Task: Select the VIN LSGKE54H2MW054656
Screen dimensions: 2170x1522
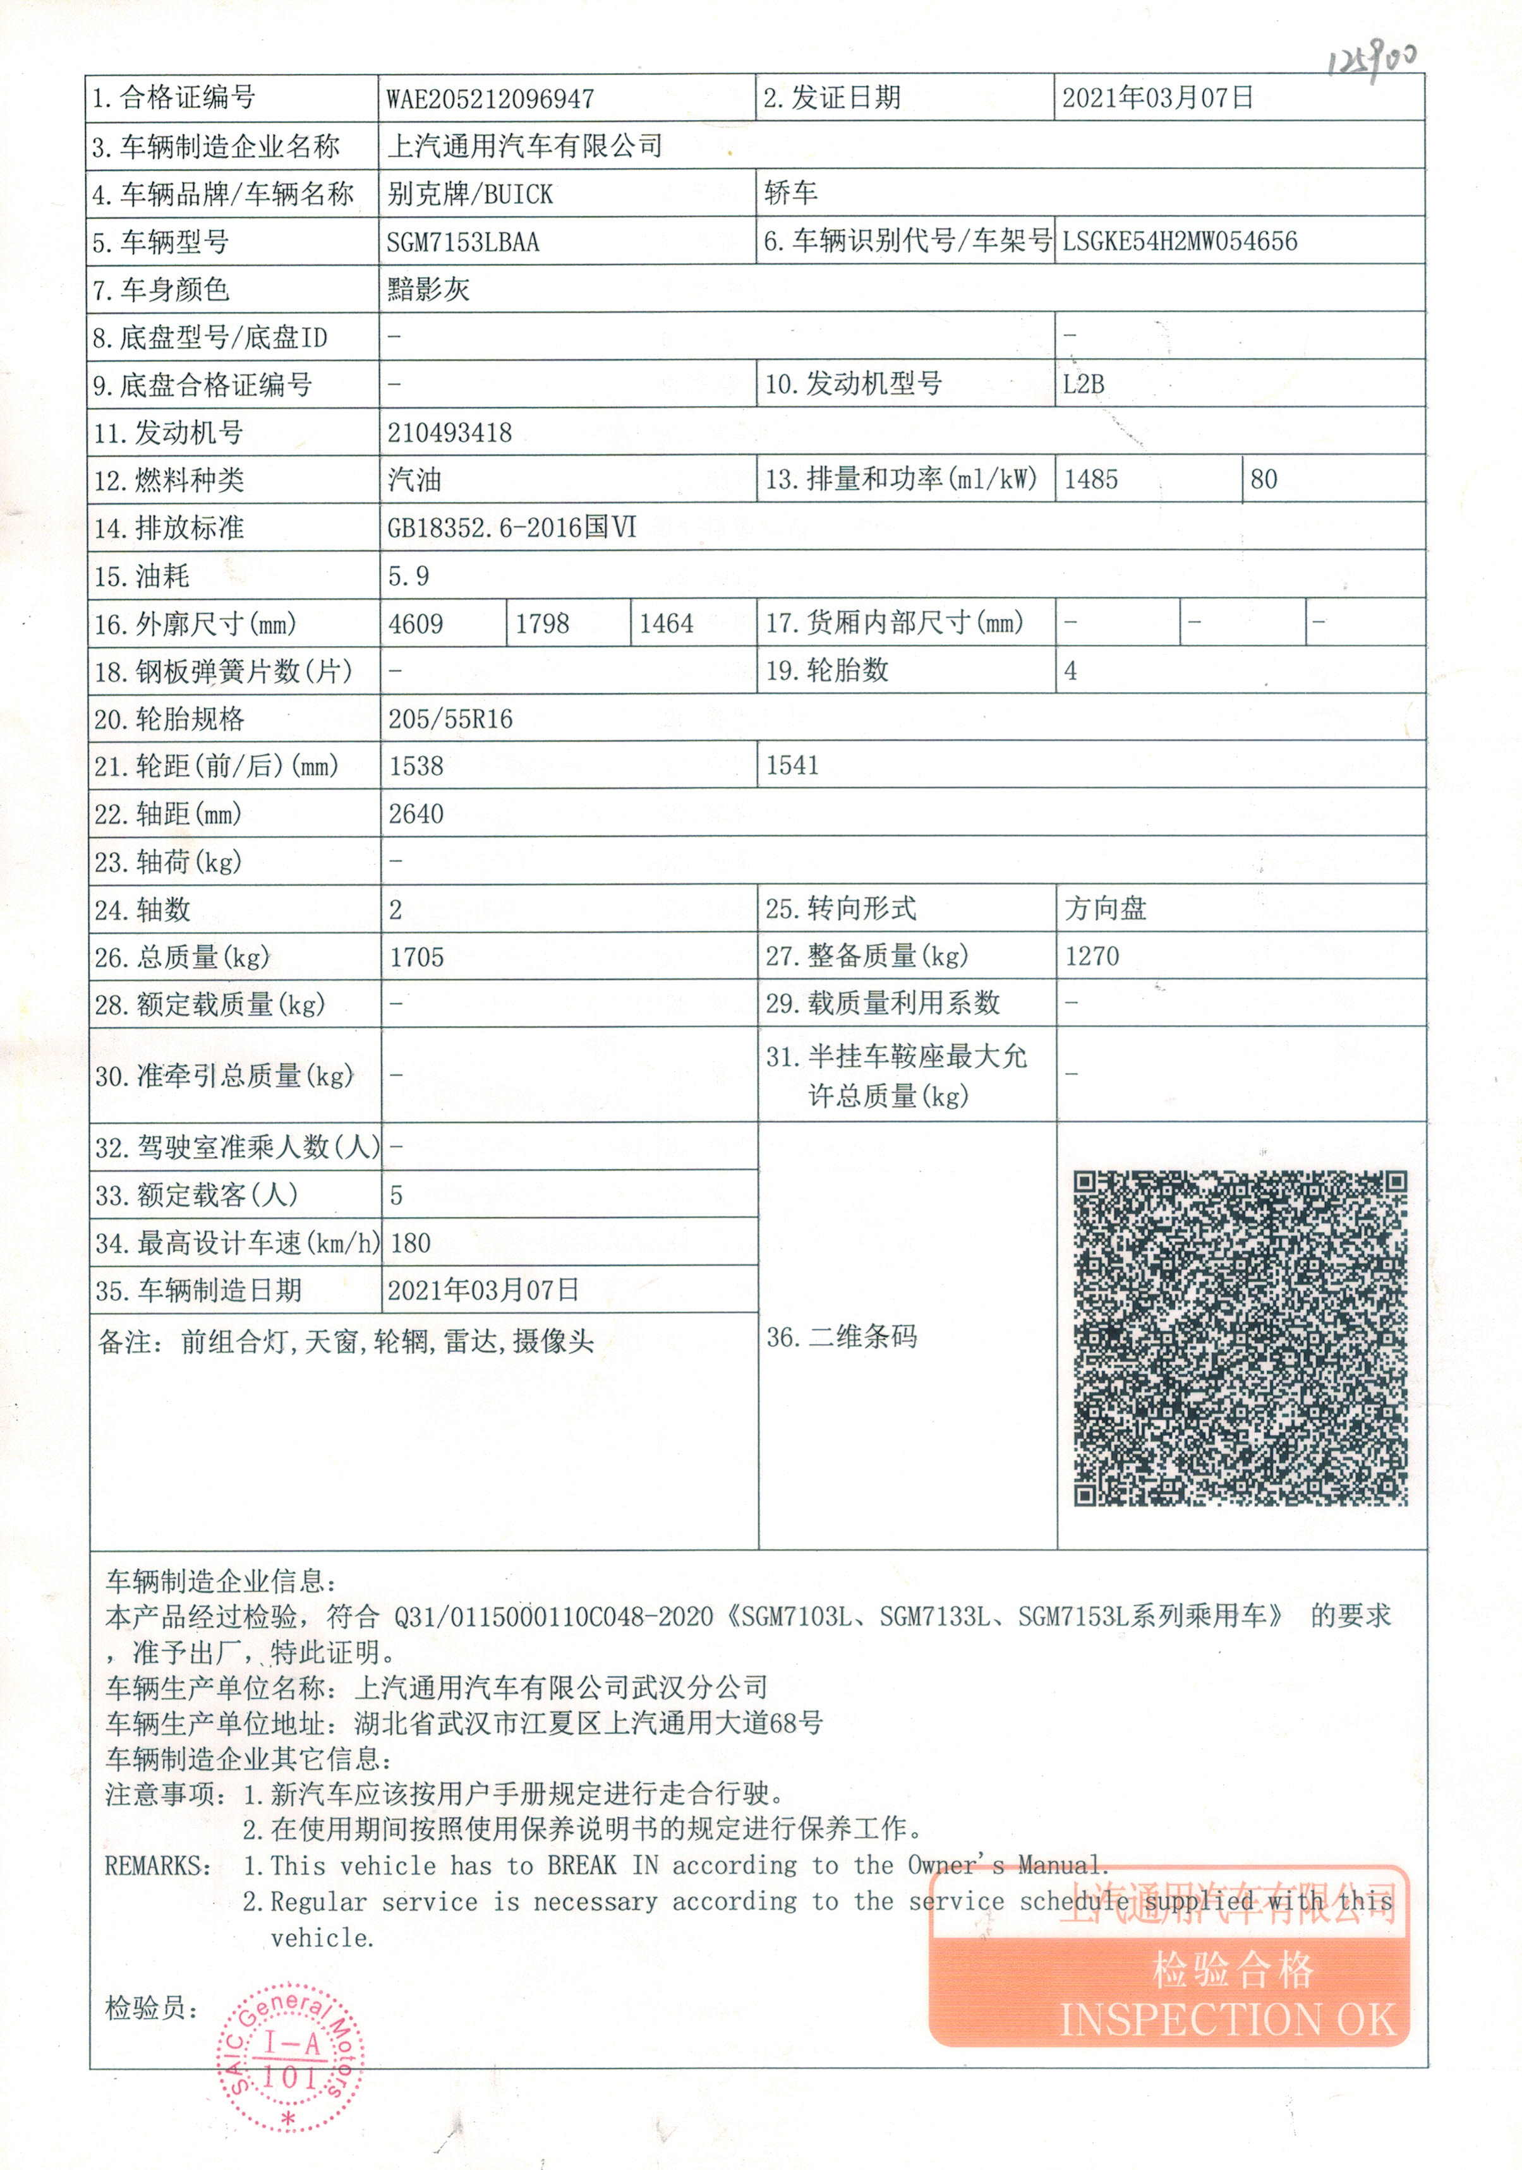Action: point(1179,242)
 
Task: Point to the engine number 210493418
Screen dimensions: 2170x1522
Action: point(449,433)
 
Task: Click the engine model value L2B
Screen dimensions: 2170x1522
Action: point(1084,385)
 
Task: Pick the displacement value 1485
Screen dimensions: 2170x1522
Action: point(1091,480)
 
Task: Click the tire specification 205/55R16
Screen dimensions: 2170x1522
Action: point(450,719)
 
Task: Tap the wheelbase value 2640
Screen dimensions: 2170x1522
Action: point(416,813)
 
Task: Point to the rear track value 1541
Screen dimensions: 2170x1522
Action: point(792,765)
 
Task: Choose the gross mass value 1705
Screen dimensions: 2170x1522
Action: point(417,957)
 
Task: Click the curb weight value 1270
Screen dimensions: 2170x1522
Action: point(1092,956)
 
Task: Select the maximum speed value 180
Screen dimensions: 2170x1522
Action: point(410,1243)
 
